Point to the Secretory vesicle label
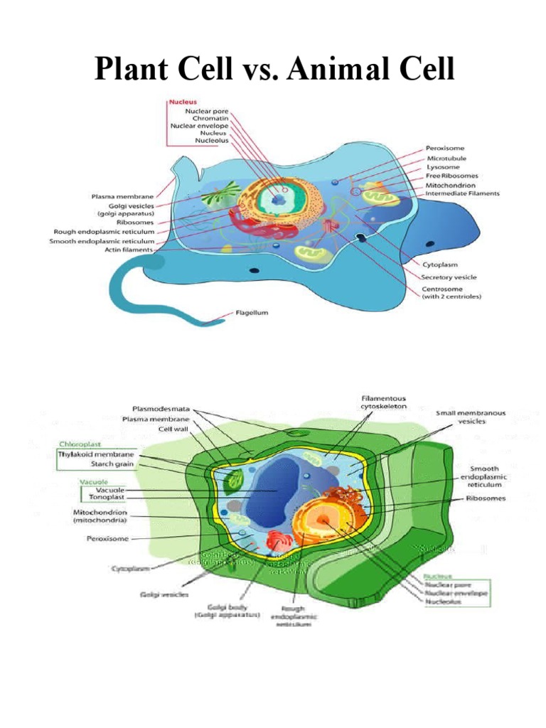449,277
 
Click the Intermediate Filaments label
462,193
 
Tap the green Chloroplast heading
77,444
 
